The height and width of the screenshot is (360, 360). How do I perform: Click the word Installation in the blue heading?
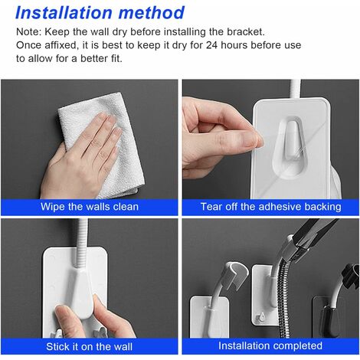[64, 12]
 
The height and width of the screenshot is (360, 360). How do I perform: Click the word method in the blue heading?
[152, 12]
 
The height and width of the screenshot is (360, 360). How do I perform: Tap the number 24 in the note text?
[211, 45]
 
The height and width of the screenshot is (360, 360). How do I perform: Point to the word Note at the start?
[27, 32]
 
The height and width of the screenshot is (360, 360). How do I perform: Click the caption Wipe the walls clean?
[90, 207]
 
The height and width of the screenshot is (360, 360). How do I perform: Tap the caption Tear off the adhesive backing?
[271, 207]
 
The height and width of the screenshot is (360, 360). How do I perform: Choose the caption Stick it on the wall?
[90, 346]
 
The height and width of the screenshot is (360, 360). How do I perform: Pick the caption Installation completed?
[270, 345]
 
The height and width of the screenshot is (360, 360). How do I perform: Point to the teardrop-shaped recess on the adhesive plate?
[290, 147]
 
